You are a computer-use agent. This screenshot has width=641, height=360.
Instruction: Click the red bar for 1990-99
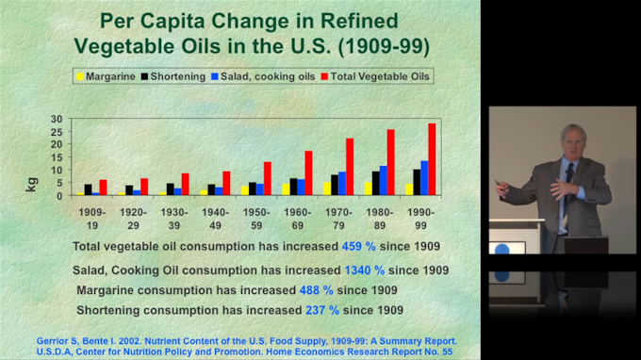[432, 159]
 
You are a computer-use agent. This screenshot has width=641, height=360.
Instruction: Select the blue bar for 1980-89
[383, 180]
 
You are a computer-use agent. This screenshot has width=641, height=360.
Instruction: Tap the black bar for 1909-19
[88, 189]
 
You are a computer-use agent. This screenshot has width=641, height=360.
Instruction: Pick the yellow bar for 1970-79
[327, 188]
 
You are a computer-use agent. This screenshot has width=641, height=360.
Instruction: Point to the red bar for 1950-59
[268, 178]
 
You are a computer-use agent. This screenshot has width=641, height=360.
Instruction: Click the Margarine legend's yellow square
[80, 77]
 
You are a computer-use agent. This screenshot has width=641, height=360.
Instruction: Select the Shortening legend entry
[173, 77]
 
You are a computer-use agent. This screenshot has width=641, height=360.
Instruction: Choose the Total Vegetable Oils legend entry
[375, 77]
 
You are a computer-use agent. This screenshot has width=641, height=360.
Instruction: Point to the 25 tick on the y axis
[57, 132]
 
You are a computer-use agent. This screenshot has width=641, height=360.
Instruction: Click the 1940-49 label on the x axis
[216, 219]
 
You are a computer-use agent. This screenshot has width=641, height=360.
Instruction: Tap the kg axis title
[31, 185]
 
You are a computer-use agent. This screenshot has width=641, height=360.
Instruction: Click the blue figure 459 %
[358, 246]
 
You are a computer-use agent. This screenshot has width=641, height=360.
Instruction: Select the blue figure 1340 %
[364, 270]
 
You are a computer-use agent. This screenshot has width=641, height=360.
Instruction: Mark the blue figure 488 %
[316, 290]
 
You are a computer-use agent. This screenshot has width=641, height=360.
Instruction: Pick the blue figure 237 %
[322, 310]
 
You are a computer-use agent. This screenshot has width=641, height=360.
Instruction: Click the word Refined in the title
[359, 21]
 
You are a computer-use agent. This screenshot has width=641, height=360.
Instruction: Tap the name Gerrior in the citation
[50, 341]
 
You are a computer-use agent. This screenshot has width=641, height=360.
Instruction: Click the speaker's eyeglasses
[573, 141]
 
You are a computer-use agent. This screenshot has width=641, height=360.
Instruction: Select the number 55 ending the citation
[447, 352]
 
